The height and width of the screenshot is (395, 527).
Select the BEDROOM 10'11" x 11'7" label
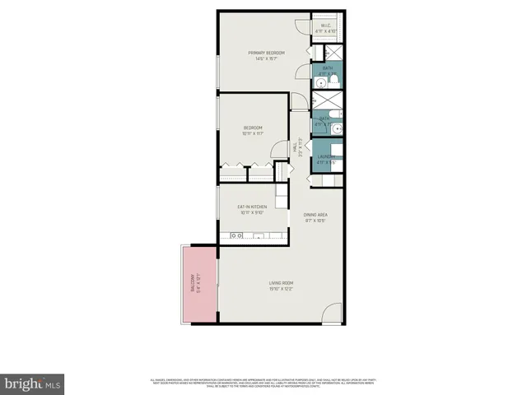253,130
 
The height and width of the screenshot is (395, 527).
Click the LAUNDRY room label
327,159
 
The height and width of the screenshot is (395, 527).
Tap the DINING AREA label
315,218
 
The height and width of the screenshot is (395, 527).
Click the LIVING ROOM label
281,286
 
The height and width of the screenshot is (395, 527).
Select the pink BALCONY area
197,283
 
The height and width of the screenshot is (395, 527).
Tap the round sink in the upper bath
321,81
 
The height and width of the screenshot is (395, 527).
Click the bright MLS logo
32,383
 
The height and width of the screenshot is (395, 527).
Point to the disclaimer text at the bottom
263,383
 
